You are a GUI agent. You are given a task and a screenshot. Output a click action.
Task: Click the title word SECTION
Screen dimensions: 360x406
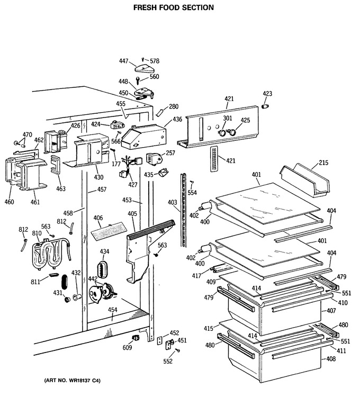click(198, 7)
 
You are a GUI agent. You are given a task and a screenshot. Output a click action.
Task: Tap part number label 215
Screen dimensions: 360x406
click(323, 163)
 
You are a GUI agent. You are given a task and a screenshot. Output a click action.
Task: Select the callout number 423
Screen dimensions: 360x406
click(267, 94)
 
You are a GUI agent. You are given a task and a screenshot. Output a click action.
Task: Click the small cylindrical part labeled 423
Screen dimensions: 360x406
click(265, 106)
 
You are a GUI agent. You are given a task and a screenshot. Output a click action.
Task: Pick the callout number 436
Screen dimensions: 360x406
click(177, 120)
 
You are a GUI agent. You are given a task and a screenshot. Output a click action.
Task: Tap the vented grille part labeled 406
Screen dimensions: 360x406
click(109, 232)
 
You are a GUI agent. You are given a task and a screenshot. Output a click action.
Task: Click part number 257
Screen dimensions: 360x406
click(170, 153)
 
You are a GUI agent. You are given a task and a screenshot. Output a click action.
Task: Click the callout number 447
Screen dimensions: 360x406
click(123, 61)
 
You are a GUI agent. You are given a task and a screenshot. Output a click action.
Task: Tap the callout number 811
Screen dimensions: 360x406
click(35, 282)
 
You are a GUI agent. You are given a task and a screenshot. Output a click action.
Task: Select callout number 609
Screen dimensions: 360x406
click(127, 347)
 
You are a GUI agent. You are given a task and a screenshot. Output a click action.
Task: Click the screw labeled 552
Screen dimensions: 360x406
click(178, 350)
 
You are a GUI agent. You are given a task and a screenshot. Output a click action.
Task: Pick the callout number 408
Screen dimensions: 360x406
click(331, 359)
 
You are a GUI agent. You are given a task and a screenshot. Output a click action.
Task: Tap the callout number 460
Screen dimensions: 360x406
click(10, 202)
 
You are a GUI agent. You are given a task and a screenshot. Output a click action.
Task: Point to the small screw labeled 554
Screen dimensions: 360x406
click(192, 182)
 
